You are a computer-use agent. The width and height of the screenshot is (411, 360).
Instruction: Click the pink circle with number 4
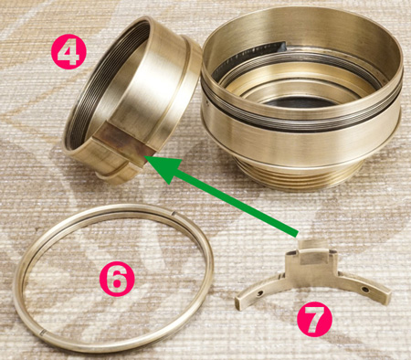(68, 52)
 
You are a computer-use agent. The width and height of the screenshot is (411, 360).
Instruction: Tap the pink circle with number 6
(117, 279)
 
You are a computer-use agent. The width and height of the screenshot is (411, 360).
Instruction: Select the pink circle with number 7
(314, 319)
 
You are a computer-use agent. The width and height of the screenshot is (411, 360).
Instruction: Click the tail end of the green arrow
(297, 234)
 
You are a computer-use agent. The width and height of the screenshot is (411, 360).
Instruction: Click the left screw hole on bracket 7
(259, 293)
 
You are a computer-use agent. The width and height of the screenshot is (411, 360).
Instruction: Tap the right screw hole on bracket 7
(364, 289)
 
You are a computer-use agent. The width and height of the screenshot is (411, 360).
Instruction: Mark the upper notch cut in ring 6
(174, 214)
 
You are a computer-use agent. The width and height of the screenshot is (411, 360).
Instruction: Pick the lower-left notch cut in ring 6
(43, 332)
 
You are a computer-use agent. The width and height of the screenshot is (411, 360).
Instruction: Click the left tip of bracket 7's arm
(239, 303)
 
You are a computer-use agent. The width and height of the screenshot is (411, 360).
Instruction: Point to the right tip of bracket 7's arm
(386, 296)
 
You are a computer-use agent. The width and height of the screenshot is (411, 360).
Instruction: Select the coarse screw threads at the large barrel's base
(300, 176)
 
